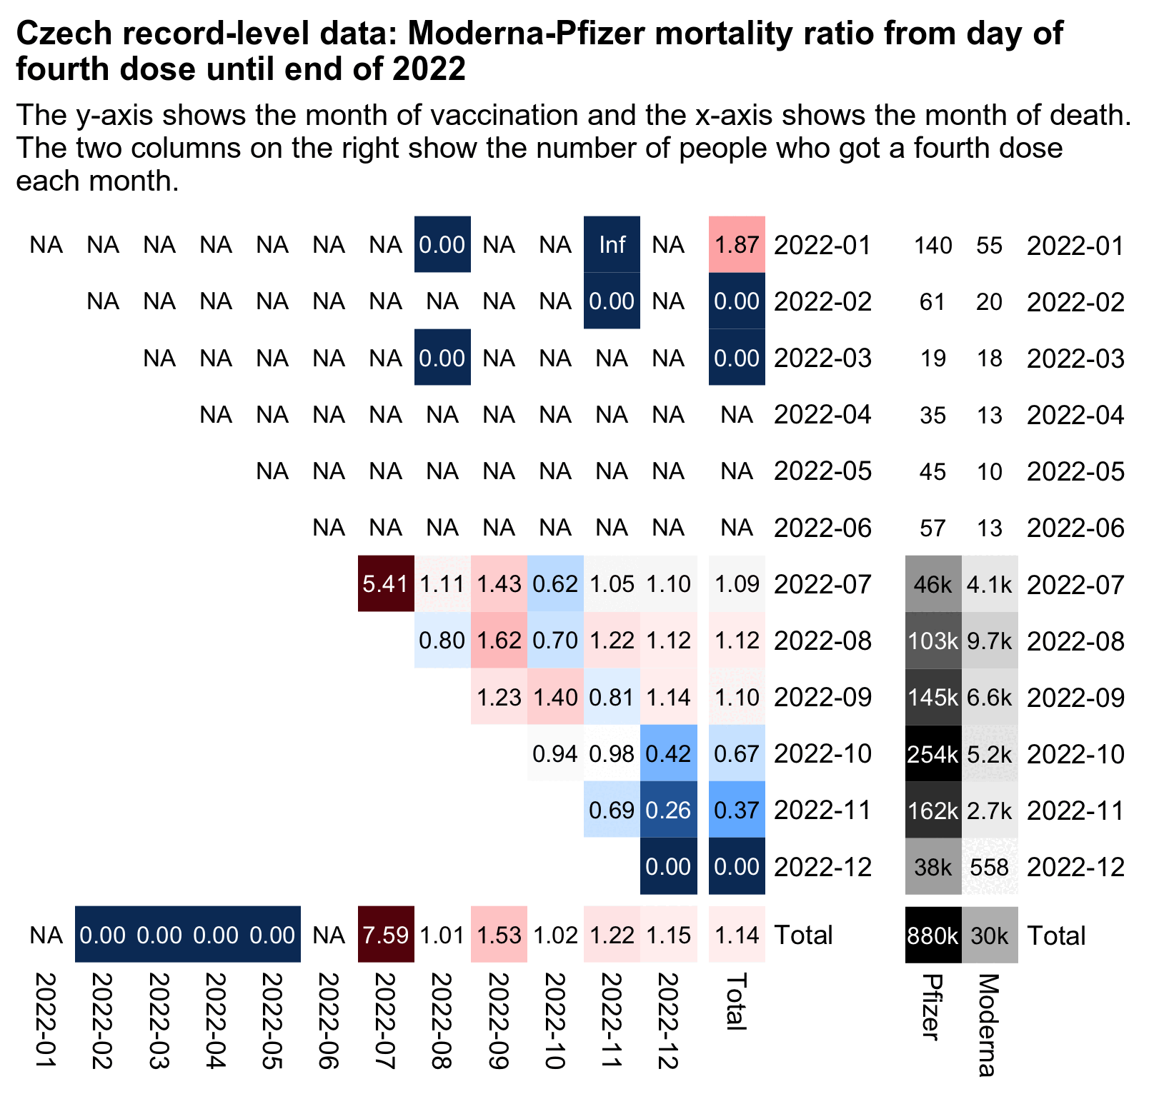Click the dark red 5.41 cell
(385, 584)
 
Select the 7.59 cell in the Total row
(385, 935)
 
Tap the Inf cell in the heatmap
(612, 245)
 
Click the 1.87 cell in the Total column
(737, 245)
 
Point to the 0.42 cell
(668, 753)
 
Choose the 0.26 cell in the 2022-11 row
(668, 810)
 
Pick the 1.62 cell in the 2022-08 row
(499, 641)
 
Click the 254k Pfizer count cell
(932, 754)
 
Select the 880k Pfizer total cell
(932, 935)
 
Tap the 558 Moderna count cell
(990, 867)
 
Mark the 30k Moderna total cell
(990, 935)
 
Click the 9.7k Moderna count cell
(990, 641)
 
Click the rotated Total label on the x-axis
(736, 1001)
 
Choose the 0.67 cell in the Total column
(737, 753)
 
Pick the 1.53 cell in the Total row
(499, 935)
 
